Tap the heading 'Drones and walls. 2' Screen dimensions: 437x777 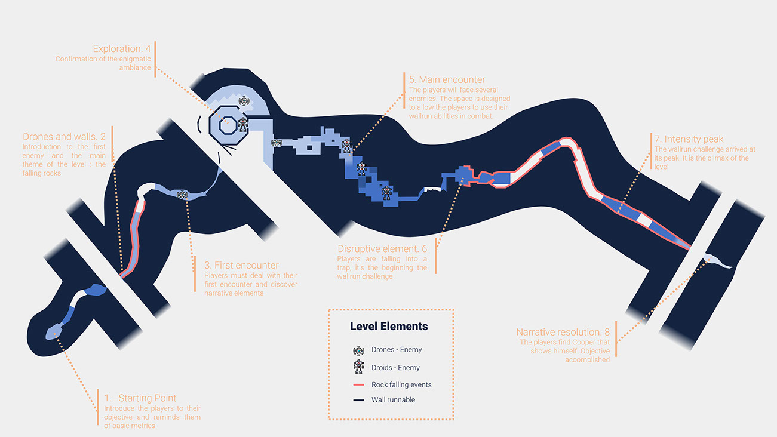[64, 137]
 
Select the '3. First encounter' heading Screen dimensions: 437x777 [241, 265]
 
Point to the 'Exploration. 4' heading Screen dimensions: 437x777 [122, 48]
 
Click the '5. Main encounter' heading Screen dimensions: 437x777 [447, 79]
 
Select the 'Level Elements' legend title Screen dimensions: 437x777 [389, 327]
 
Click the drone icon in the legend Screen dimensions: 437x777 [358, 350]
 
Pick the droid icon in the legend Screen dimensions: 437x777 [358, 367]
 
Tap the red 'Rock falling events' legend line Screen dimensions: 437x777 [358, 385]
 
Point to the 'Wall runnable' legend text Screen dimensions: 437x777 [393, 399]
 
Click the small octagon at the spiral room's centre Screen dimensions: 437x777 [226, 126]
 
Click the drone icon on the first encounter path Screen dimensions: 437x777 [182, 195]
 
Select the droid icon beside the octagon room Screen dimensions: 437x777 [243, 125]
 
